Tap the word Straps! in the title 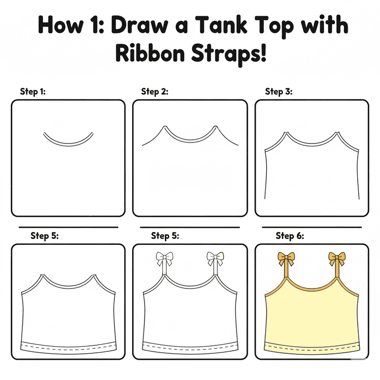tap(229, 54)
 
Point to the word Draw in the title tap(140, 25)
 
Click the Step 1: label tap(33, 92)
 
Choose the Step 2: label tap(154, 92)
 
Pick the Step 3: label tap(279, 92)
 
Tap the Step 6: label tap(290, 236)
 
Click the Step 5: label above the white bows tap(165, 236)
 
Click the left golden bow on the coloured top tap(286, 259)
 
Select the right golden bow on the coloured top tap(337, 259)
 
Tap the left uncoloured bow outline tap(165, 259)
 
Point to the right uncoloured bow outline tap(215, 259)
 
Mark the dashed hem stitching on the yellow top tap(312, 350)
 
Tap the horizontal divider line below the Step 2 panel tap(190, 227)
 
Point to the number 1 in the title tap(95, 25)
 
